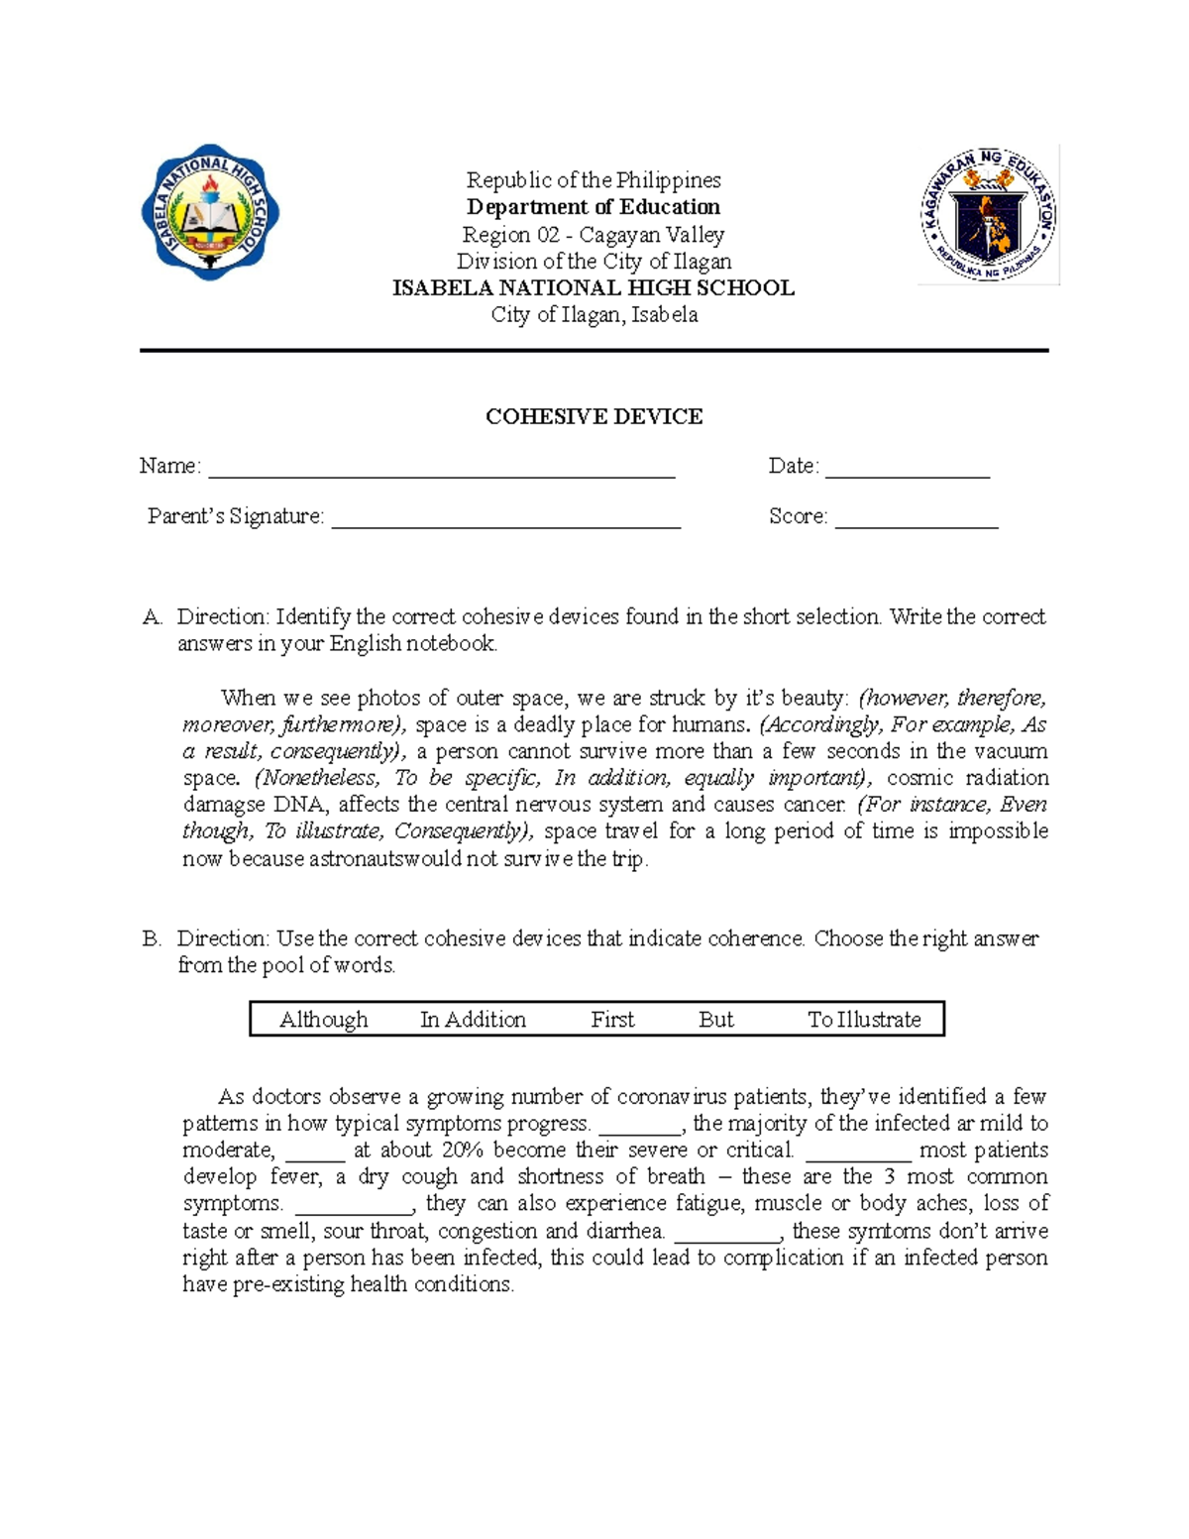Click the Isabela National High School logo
210,212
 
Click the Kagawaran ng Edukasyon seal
989,214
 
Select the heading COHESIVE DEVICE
594,417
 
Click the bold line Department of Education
594,207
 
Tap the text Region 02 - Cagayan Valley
594,235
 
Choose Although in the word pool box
323,1020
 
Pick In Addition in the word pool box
473,1020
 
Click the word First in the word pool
612,1020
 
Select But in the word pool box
715,1020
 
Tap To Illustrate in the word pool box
864,1020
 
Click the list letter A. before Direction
152,617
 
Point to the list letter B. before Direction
152,938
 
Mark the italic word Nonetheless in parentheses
317,778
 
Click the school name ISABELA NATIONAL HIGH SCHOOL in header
594,288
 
